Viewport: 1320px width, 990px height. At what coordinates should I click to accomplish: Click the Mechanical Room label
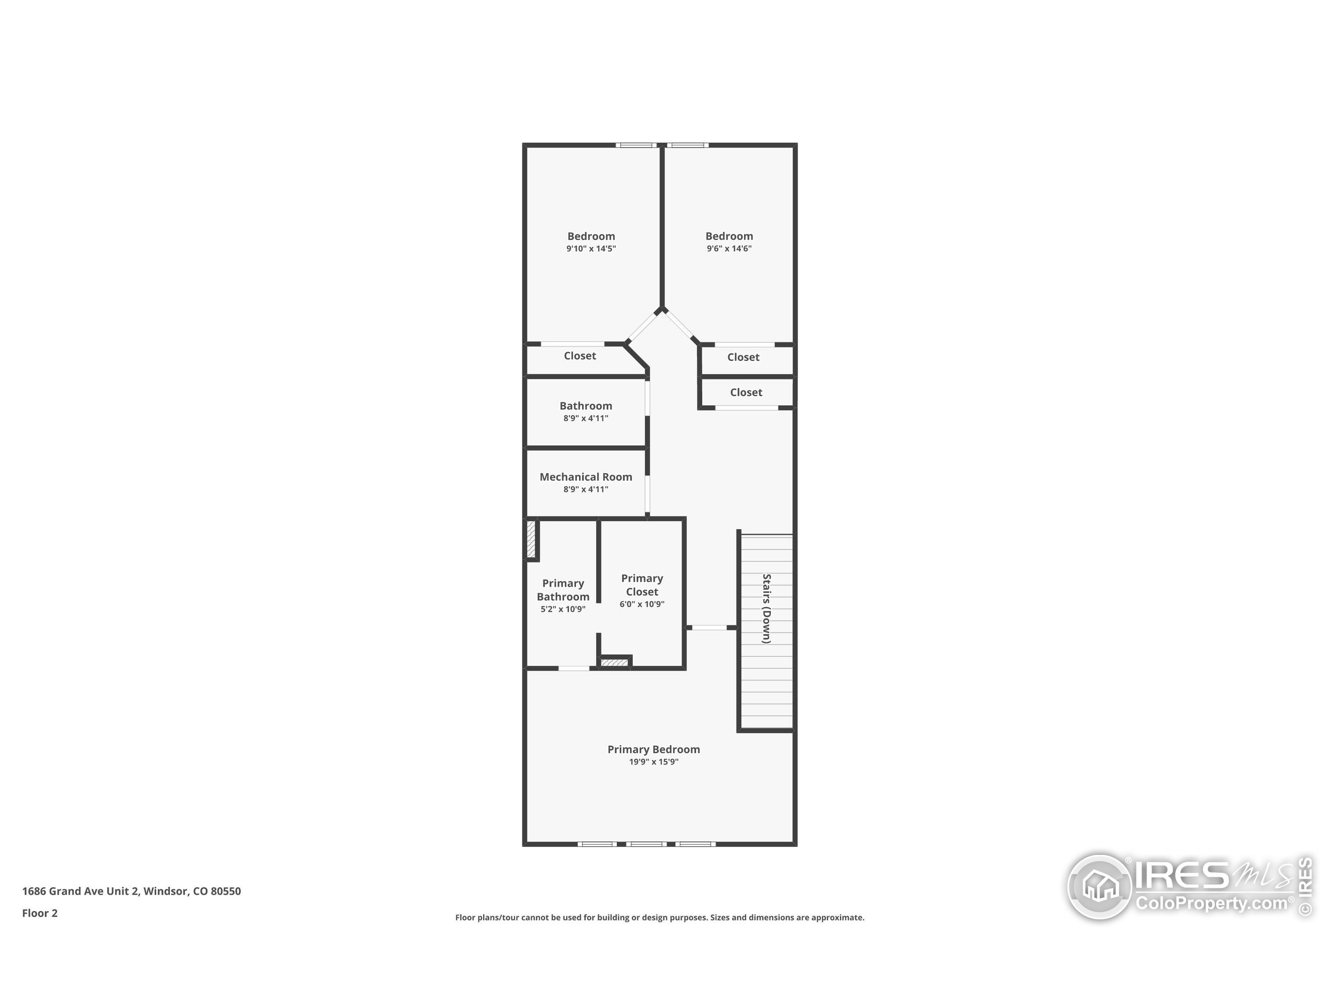pos(585,477)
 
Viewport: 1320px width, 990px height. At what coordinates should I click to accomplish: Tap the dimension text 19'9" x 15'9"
pos(653,762)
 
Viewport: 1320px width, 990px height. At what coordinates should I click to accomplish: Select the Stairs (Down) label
pos(766,608)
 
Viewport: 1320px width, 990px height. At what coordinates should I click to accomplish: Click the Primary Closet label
pos(641,585)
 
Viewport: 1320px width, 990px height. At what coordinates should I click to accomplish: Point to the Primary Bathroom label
pos(563,589)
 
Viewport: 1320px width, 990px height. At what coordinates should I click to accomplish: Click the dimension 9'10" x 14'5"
pos(591,249)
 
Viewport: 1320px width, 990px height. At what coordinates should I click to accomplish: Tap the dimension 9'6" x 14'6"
pos(729,249)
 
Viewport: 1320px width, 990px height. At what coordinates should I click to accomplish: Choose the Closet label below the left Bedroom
pos(580,356)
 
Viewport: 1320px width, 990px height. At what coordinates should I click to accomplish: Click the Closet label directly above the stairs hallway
pos(746,392)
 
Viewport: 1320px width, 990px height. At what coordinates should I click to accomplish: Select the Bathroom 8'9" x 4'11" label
pos(585,406)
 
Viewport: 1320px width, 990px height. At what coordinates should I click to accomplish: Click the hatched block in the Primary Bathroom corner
pos(531,539)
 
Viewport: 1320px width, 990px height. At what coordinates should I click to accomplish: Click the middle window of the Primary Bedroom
pos(648,844)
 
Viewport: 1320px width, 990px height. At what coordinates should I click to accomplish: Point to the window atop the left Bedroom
pos(636,145)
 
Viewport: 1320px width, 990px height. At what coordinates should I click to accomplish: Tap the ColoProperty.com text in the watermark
pos(1211,903)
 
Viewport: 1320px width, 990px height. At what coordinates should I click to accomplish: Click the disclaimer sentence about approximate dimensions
pos(659,917)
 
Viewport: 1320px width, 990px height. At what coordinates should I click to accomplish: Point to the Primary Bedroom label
pos(653,750)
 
